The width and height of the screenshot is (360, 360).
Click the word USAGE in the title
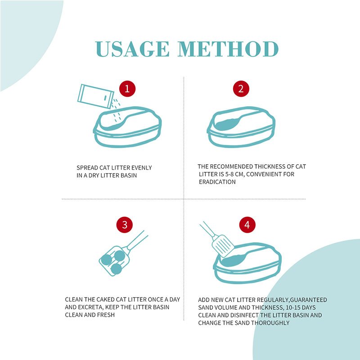[x=132, y=49]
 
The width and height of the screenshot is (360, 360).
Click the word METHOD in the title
[x=228, y=49]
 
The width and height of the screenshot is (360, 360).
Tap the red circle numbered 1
[x=127, y=89]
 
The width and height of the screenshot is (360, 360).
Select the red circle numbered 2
[x=241, y=89]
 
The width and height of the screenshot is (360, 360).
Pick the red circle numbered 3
[x=125, y=225]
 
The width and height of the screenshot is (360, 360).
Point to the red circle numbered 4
[x=247, y=225]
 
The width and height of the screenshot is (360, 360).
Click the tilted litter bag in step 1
[x=95, y=96]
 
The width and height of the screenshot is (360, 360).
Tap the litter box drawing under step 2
[x=241, y=127]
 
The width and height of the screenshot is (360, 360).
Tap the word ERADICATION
[x=217, y=182]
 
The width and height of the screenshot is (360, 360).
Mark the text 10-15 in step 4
[x=292, y=307]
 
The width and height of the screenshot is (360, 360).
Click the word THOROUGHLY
[x=270, y=323]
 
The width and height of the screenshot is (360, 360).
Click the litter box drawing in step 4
[x=247, y=263]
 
